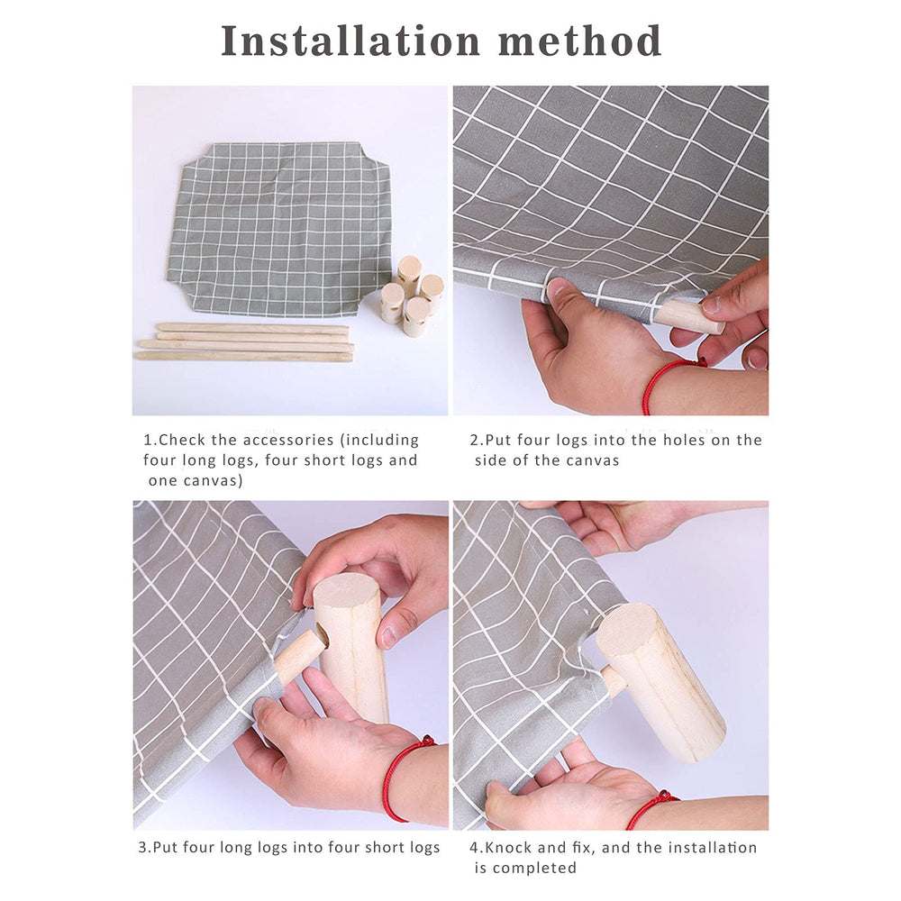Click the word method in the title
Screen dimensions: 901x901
[x=580, y=41]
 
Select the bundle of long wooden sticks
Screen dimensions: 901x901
[x=245, y=342]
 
